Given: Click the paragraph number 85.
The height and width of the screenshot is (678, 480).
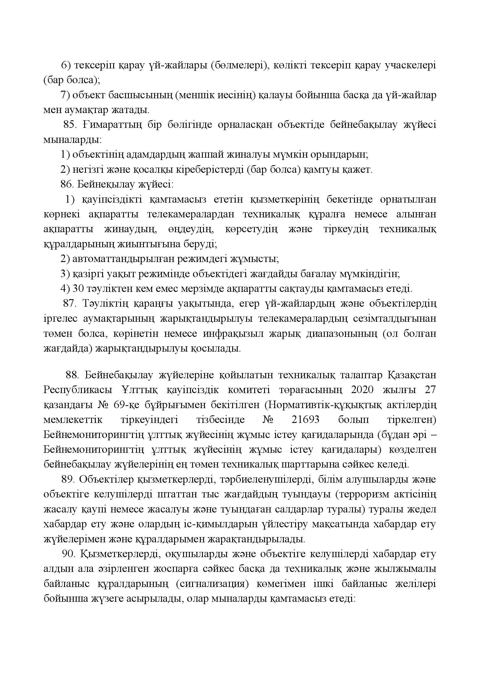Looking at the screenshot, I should click(x=70, y=125).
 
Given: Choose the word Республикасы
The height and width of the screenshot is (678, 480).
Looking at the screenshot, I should click(x=78, y=390).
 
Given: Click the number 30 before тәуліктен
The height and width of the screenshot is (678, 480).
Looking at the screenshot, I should click(x=78, y=288).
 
